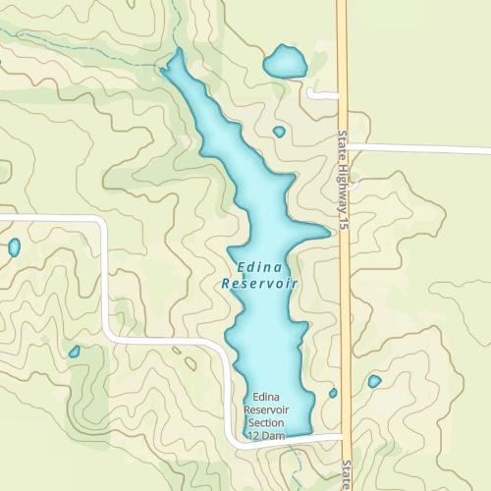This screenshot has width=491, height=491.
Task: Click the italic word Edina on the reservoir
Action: point(259,266)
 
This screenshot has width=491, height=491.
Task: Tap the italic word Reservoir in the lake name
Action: point(259,284)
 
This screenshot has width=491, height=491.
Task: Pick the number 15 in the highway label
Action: point(345,225)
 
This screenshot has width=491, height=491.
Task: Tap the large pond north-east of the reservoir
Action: point(284,63)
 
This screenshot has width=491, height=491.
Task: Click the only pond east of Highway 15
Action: point(374,381)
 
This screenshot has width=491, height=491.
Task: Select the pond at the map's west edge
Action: point(14,246)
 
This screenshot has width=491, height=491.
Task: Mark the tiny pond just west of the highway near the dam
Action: point(333,393)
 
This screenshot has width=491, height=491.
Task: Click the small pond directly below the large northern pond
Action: point(279,132)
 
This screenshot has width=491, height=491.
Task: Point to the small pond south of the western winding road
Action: point(74,352)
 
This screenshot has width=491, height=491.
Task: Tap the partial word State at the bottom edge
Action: point(346,477)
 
